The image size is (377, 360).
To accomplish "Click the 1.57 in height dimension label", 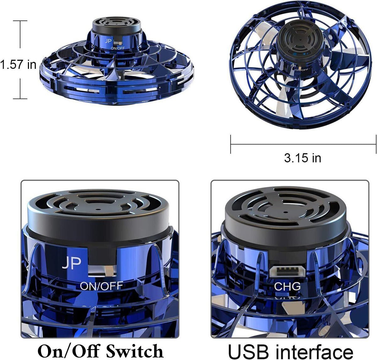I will pyautogui.click(x=18, y=64).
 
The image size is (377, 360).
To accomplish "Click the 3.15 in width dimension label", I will pyautogui.click(x=303, y=158).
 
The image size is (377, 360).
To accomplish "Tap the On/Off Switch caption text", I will pyautogui.click(x=100, y=350).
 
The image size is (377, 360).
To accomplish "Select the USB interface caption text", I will pyautogui.click(x=290, y=350).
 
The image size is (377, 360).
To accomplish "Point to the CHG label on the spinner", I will pyautogui.click(x=287, y=286).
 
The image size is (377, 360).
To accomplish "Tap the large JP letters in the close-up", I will pyautogui.click(x=72, y=263).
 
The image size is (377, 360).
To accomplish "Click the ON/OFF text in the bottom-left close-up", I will pyautogui.click(x=101, y=286).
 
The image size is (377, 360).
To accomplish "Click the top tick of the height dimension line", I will pyautogui.click(x=20, y=21).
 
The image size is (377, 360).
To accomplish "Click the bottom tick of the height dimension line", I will pyautogui.click(x=20, y=99).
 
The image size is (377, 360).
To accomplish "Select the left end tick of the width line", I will pyautogui.click(x=231, y=144).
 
